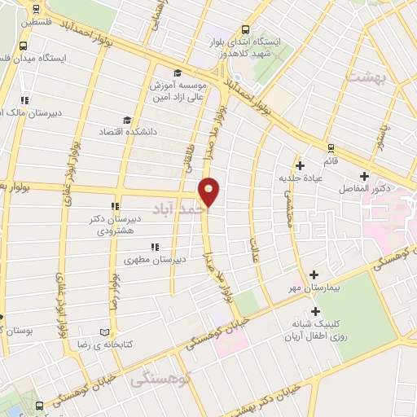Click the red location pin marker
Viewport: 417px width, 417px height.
pyautogui.click(x=210, y=192)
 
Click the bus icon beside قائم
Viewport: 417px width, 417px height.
pyautogui.click(x=330, y=148)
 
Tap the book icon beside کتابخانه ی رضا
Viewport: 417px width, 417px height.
pyautogui.click(x=103, y=333)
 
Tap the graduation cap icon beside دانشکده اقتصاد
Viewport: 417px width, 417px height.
pyautogui.click(x=125, y=119)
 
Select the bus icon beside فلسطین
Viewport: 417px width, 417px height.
pyautogui.click(x=36, y=11)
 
